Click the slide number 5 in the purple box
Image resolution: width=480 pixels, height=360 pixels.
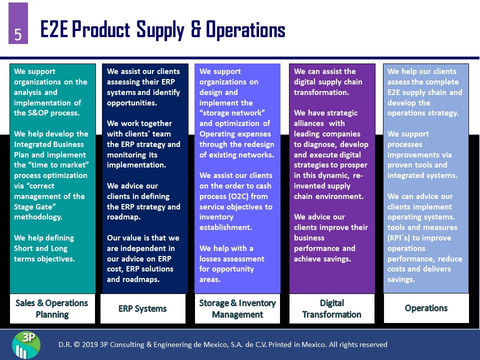(x=18, y=34)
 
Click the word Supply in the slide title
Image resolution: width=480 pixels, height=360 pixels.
(x=160, y=30)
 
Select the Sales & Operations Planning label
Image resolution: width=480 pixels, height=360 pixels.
(x=52, y=308)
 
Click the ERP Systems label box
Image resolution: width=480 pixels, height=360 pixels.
(x=143, y=308)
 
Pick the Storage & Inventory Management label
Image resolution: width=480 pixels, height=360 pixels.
(x=237, y=308)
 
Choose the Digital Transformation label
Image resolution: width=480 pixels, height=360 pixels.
(x=332, y=308)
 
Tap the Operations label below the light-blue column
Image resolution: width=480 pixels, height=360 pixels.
(x=426, y=308)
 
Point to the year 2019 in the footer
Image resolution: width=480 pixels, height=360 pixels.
(x=90, y=344)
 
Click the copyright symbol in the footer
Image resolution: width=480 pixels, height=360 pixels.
(x=76, y=344)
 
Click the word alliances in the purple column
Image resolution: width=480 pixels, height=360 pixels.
(x=308, y=123)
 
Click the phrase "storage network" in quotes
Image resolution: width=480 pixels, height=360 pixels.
(x=232, y=113)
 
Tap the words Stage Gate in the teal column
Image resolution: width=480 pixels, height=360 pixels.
(x=33, y=207)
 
